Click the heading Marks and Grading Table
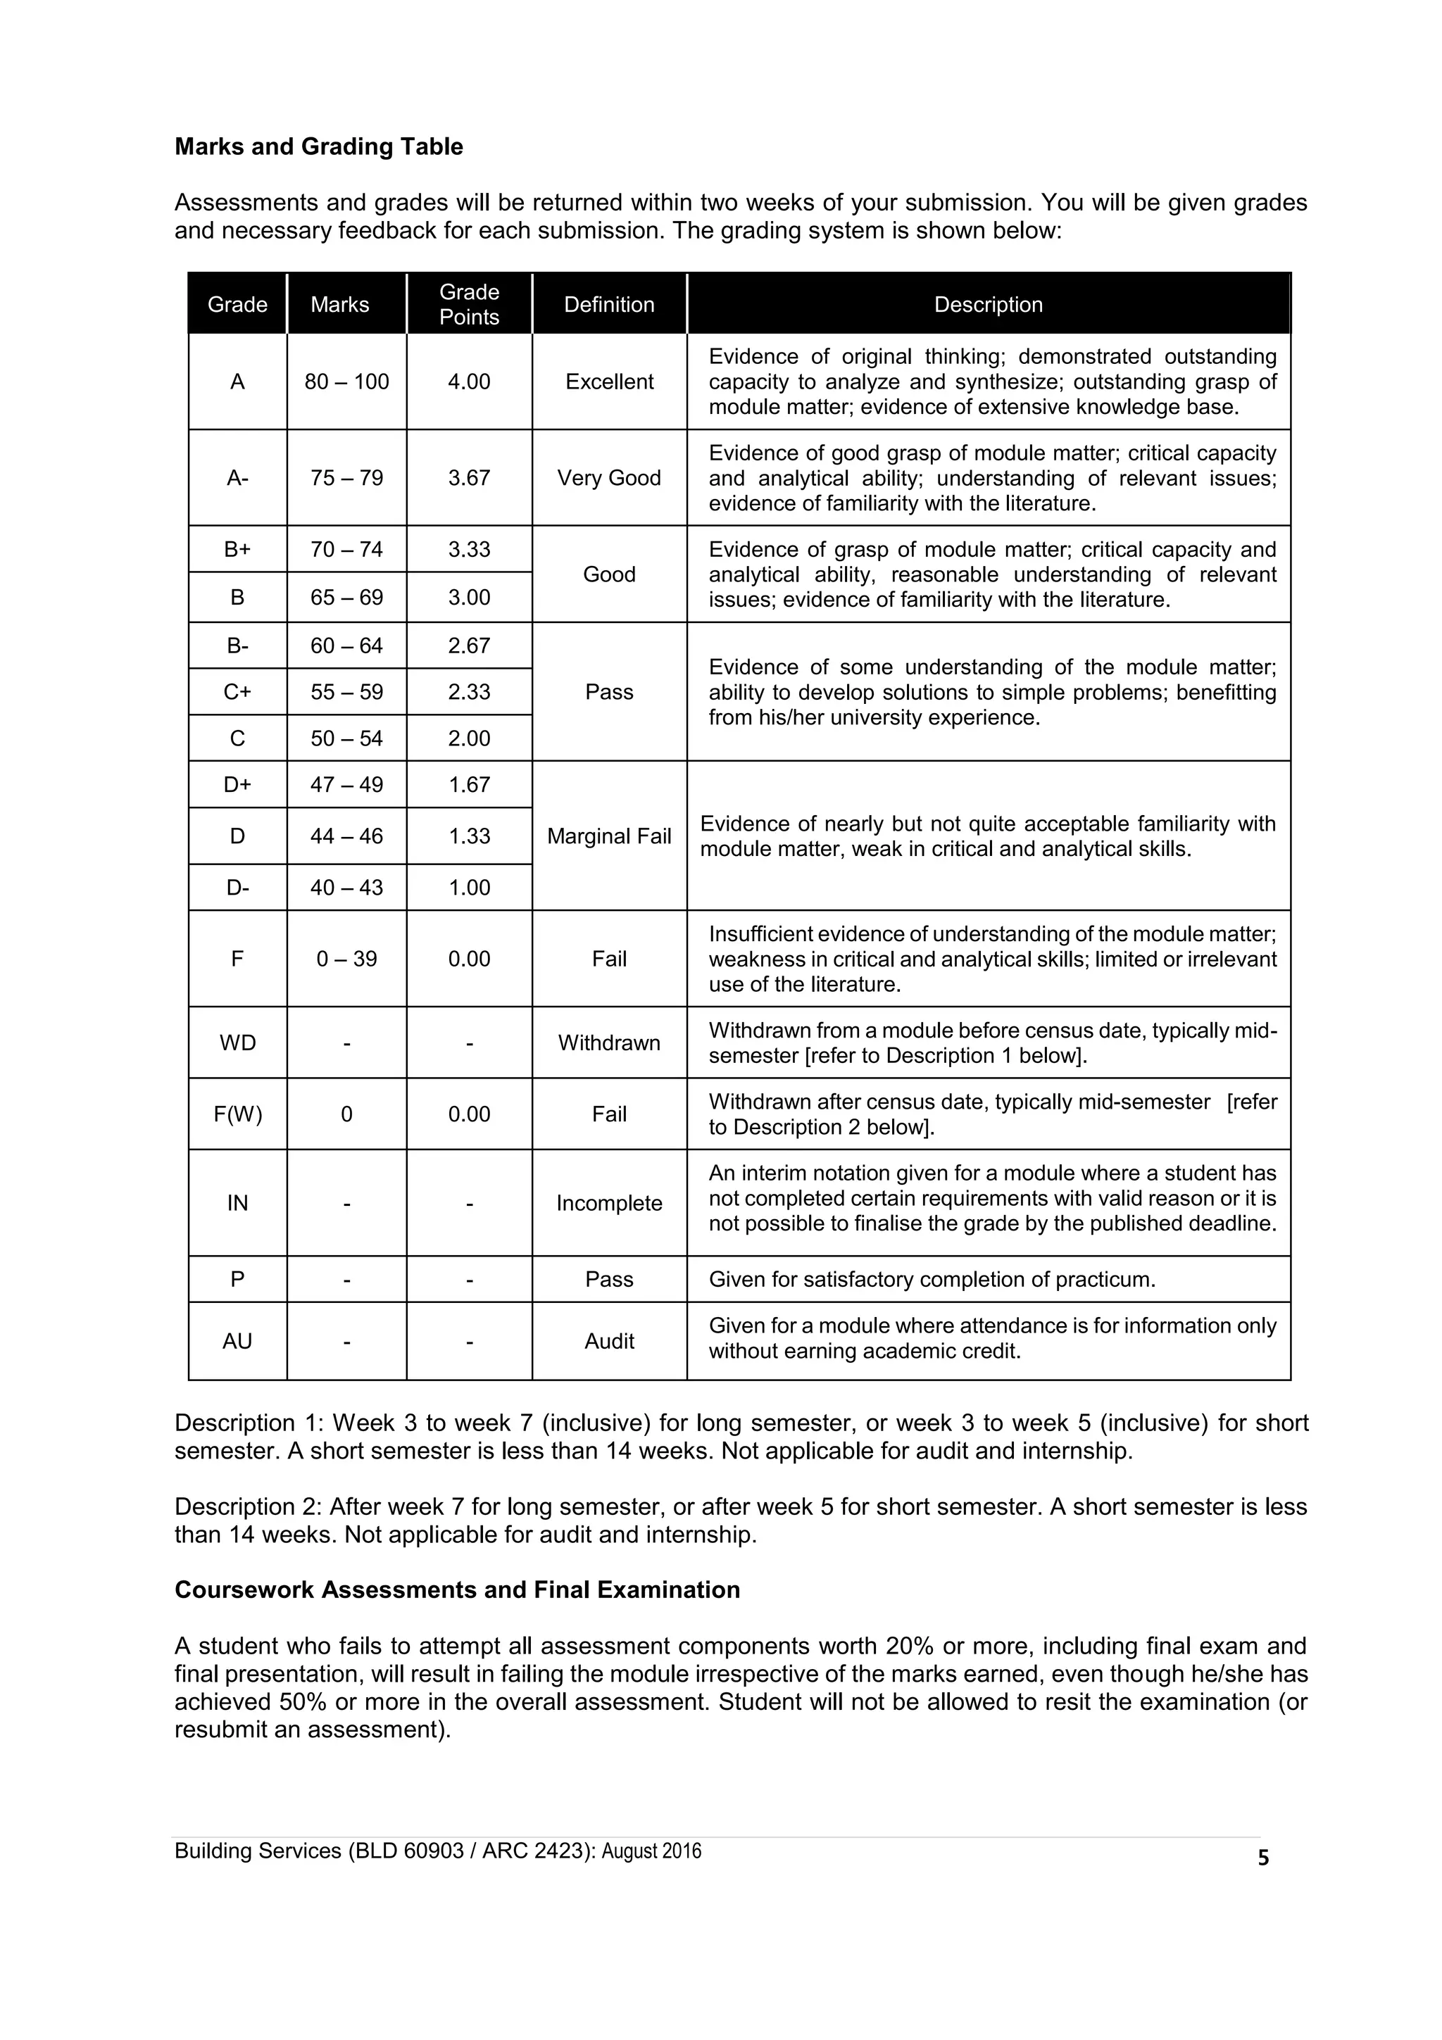coord(318,146)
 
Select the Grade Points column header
coord(469,304)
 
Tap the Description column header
coord(988,305)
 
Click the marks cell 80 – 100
coord(346,382)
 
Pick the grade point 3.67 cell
coord(469,478)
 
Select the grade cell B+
coord(237,549)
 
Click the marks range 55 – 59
coord(346,692)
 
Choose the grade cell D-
coord(237,888)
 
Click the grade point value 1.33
coord(469,836)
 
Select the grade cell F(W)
coord(237,1114)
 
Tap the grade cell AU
coord(237,1341)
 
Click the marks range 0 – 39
coord(346,959)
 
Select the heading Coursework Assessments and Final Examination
coord(457,1589)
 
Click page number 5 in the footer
coord(1263,1858)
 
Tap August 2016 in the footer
coord(651,1851)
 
